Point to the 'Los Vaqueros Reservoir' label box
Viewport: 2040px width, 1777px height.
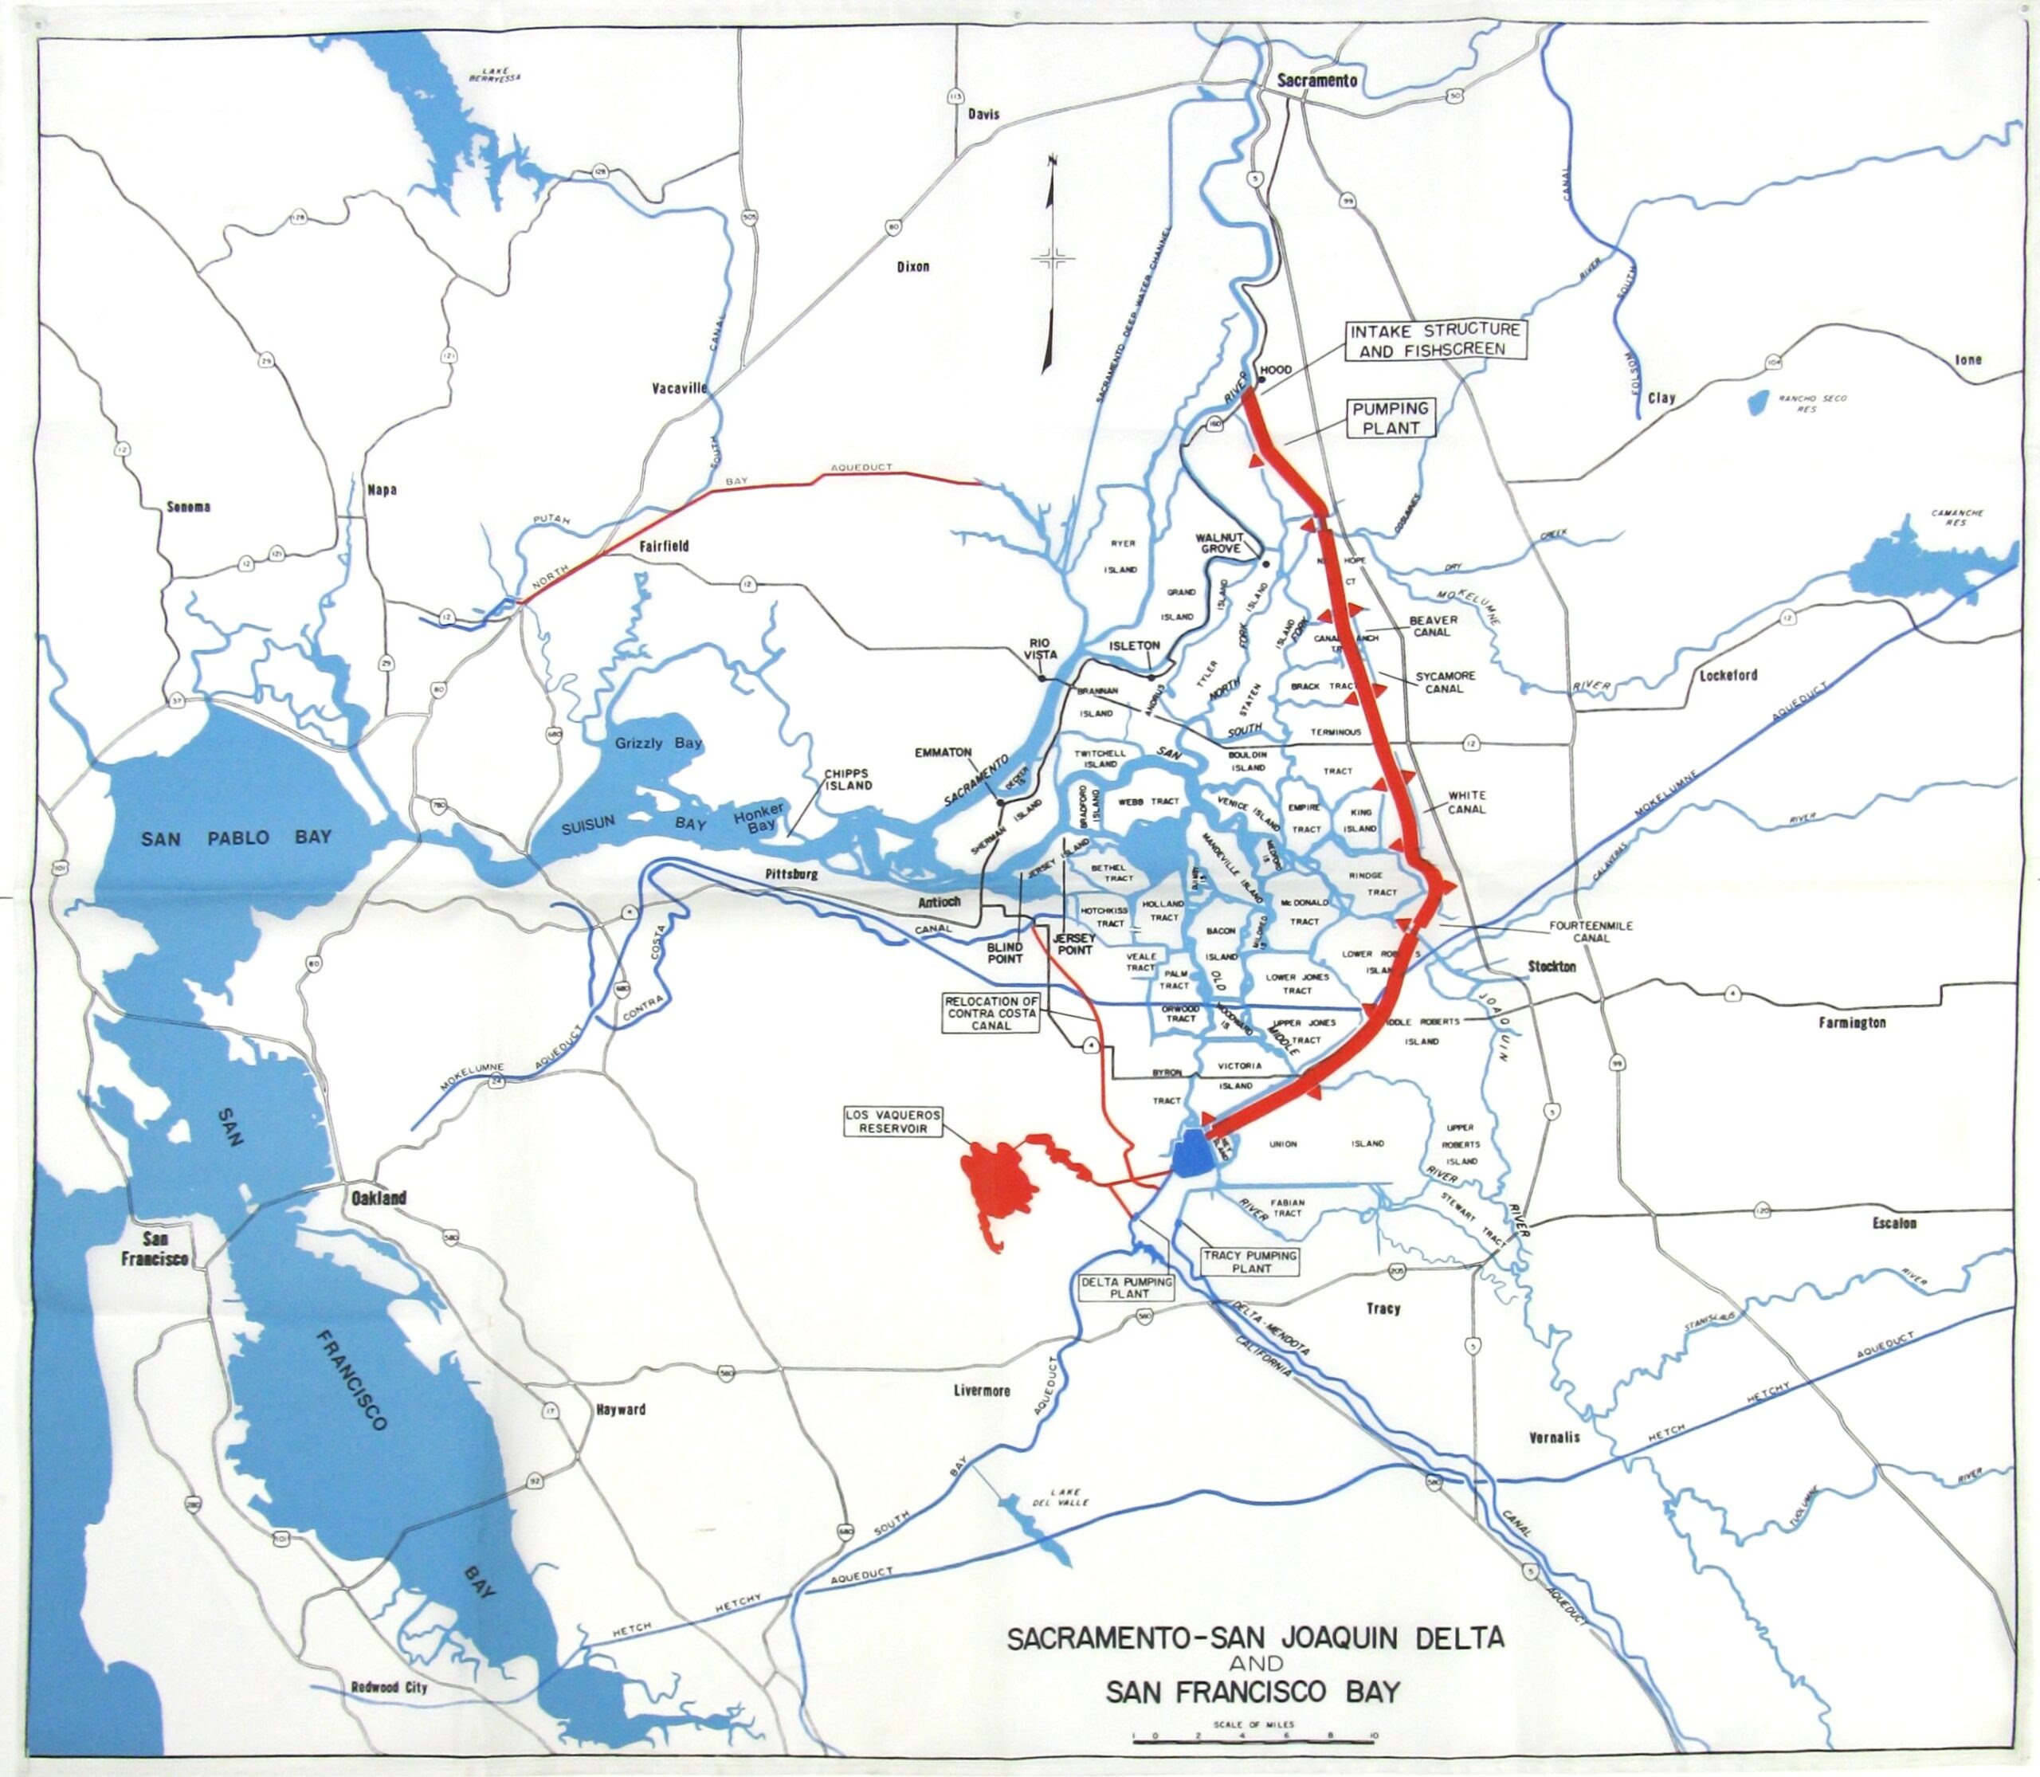(892, 1121)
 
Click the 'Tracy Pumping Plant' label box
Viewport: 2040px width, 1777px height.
(1250, 1261)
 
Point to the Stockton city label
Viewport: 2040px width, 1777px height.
(1552, 966)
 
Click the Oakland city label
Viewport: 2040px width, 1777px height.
(378, 1198)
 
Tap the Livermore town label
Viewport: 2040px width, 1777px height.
(981, 1391)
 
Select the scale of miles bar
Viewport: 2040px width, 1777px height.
(1253, 1736)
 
